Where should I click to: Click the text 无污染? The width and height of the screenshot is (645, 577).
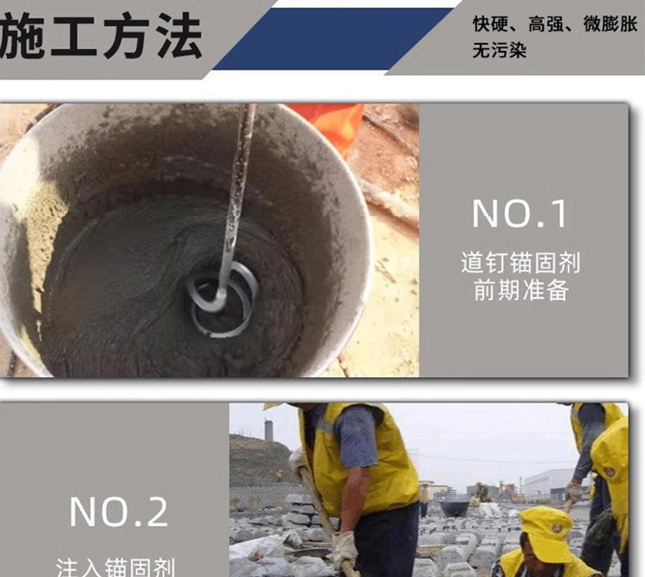[x=498, y=50]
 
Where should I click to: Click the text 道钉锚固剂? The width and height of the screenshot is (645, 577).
[x=520, y=263]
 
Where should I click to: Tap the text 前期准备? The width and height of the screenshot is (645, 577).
[x=520, y=290]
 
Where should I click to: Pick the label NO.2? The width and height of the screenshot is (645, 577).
[x=119, y=512]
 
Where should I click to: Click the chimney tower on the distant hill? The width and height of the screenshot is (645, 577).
[x=268, y=430]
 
